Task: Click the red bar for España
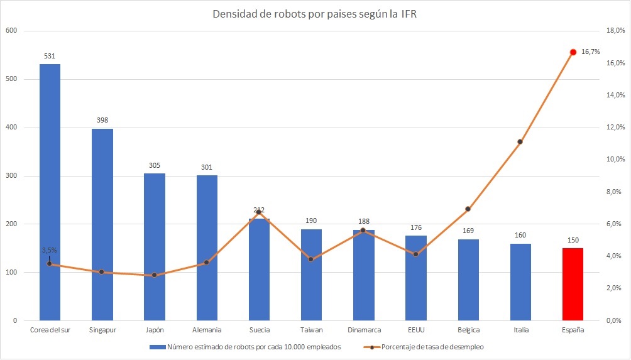click(573, 285)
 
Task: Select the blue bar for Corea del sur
click(50, 192)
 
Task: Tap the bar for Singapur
click(102, 224)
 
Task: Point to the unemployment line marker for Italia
click(520, 141)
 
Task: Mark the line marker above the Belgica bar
click(468, 209)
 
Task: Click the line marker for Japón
click(154, 275)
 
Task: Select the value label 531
click(50, 57)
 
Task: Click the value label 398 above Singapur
click(102, 120)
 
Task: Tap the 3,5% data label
click(50, 250)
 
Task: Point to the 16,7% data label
click(590, 52)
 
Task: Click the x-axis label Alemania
click(207, 330)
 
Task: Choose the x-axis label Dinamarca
click(364, 330)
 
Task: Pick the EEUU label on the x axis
click(416, 330)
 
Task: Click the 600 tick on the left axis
click(11, 31)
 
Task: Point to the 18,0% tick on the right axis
click(615, 31)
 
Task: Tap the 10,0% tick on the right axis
click(615, 160)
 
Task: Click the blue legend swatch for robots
click(157, 347)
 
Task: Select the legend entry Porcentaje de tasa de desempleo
click(432, 347)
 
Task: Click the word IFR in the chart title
click(409, 14)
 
